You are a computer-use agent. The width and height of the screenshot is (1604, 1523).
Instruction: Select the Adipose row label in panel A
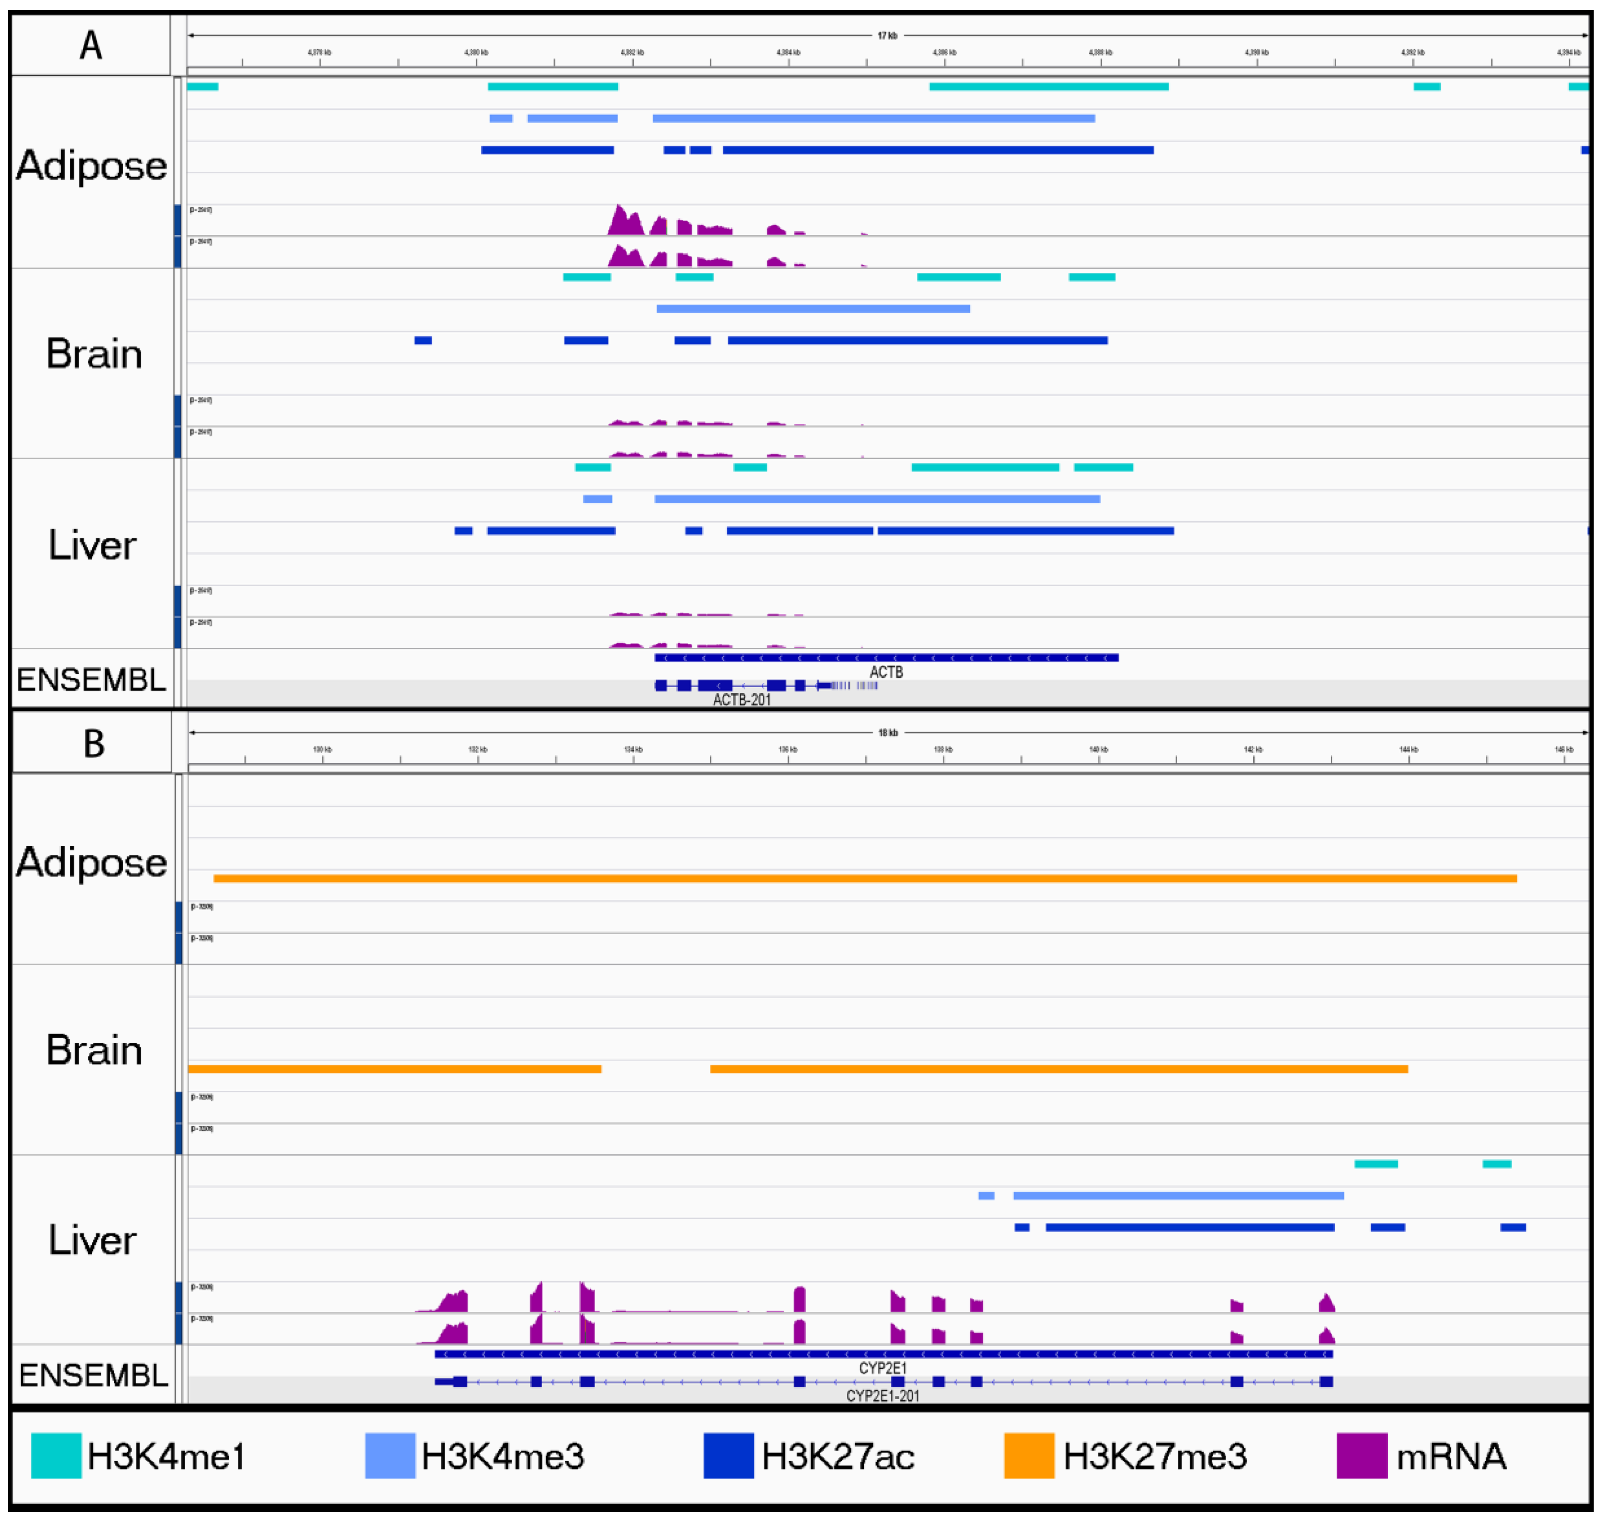91,165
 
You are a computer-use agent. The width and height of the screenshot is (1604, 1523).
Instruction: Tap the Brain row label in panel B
94,1050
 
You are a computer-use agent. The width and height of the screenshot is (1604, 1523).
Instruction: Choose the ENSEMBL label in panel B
93,1375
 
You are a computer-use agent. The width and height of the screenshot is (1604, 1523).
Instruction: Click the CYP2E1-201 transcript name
882,1396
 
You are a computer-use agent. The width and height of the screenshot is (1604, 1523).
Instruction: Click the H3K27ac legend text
838,1456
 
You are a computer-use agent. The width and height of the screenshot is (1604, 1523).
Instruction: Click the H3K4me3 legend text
502,1456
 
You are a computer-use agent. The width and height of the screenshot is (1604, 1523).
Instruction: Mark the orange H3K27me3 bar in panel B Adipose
865,878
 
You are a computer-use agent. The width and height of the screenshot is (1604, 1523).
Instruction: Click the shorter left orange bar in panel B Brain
395,1069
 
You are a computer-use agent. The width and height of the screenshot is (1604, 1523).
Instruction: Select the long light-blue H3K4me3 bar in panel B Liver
1178,1196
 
